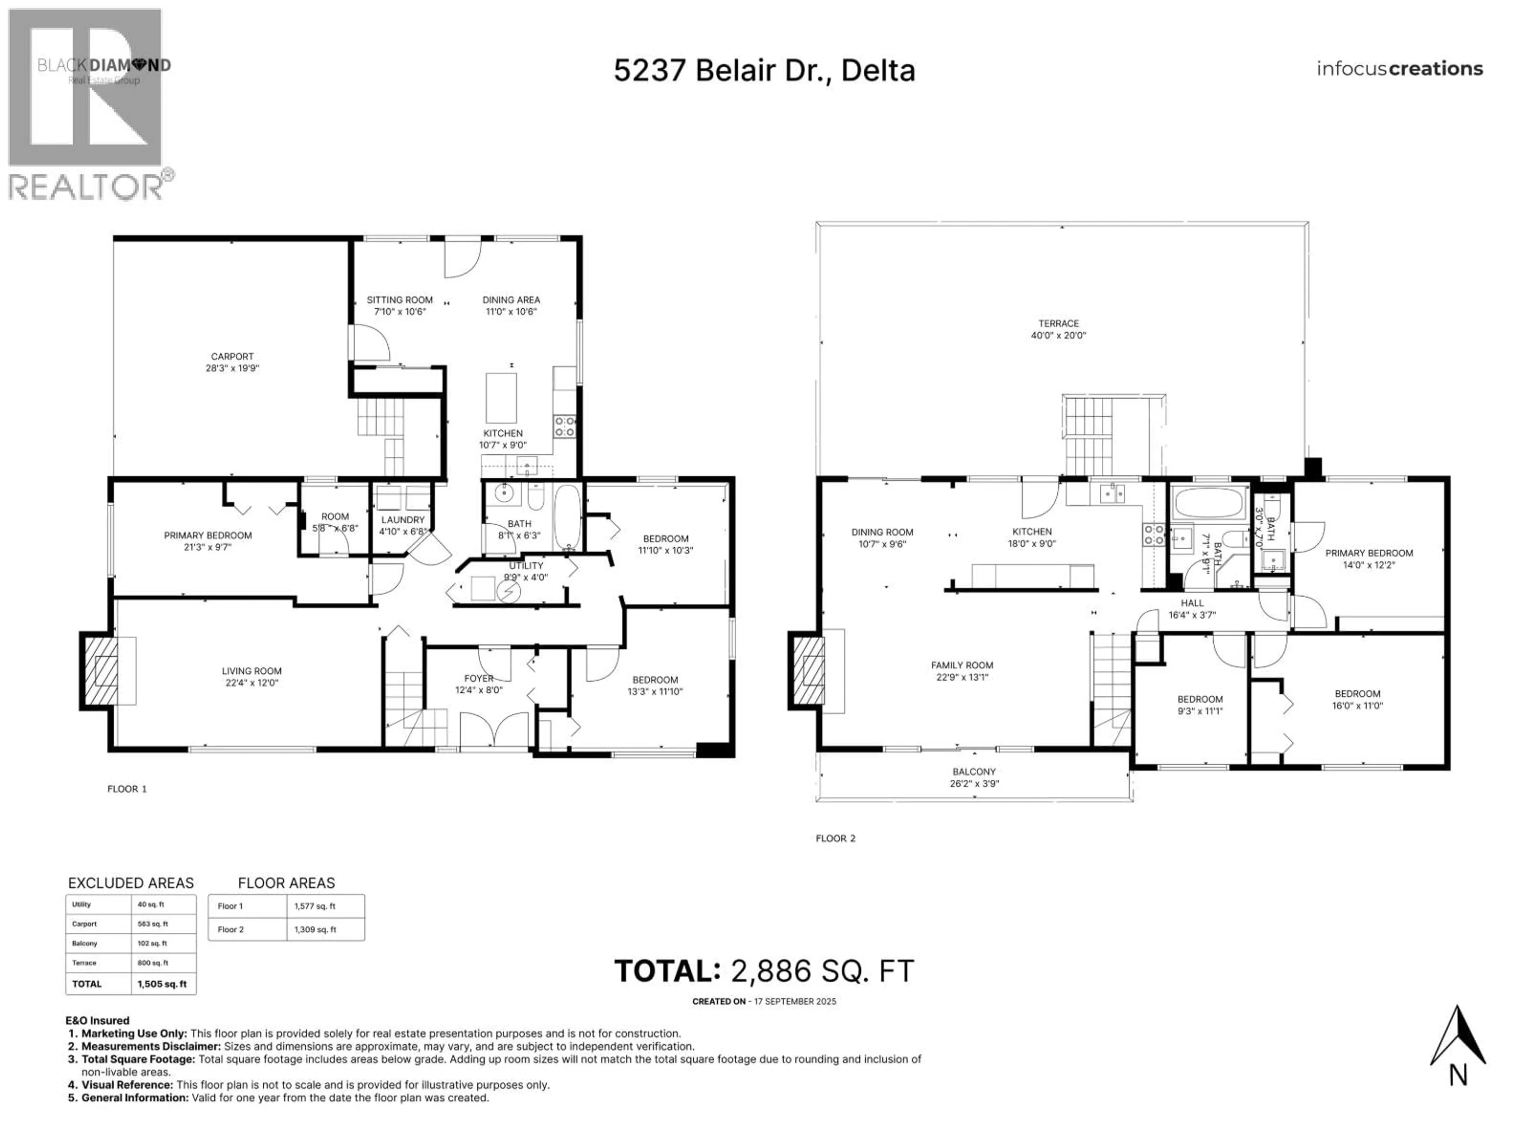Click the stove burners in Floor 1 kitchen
tap(565, 426)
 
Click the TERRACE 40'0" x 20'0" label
tap(1058, 329)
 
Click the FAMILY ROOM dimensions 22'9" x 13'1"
tap(962, 677)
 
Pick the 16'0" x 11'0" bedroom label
tap(1357, 700)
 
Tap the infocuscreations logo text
tap(1399, 69)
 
